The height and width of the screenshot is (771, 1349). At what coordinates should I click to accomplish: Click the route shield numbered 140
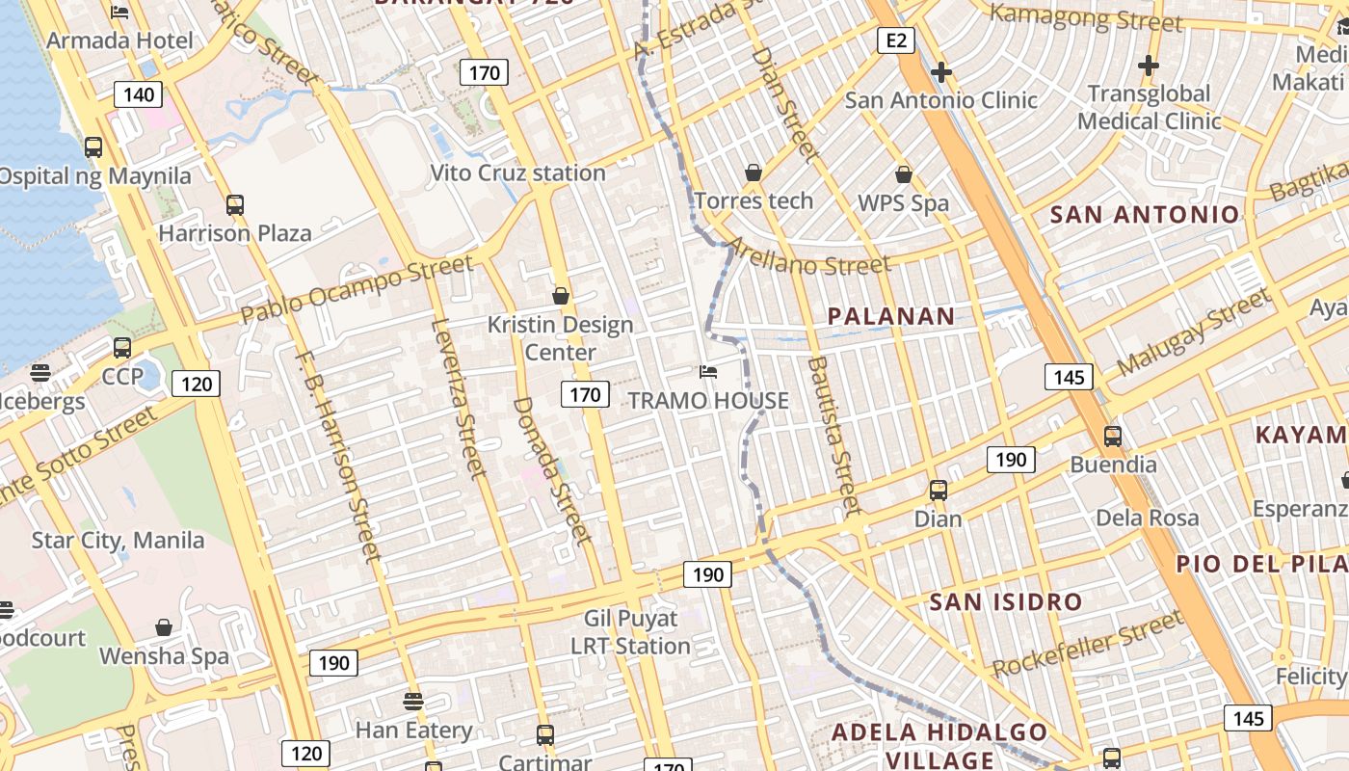coord(139,94)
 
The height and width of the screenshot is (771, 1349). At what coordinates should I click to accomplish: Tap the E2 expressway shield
coord(895,40)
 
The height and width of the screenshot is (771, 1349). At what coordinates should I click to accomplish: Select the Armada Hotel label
coord(119,40)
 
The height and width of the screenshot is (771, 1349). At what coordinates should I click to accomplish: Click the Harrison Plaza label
coord(235,233)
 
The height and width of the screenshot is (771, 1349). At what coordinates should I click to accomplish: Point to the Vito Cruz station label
coord(517,173)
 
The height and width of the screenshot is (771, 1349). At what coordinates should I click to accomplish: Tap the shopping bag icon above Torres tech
coord(754,173)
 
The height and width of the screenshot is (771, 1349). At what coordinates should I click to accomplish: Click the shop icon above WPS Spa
coord(904,174)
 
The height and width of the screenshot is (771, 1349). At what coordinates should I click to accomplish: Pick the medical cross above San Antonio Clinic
coord(941,72)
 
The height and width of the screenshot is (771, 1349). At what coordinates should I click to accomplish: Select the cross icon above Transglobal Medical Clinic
coord(1148,66)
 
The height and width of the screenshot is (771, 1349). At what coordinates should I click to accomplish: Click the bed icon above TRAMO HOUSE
coord(708,372)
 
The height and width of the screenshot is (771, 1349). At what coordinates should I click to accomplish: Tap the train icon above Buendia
coord(1113,437)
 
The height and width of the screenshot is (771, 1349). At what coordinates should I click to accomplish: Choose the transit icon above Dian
coord(939,491)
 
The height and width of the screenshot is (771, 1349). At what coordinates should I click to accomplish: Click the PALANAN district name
coord(891,316)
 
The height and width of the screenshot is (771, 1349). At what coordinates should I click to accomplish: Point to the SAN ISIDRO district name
coord(1006,602)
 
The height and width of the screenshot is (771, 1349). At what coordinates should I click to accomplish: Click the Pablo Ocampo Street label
coord(357,288)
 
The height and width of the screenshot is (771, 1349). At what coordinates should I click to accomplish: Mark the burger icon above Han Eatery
coord(413,701)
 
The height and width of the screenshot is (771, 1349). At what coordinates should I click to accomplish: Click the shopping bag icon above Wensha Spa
coord(164,628)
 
